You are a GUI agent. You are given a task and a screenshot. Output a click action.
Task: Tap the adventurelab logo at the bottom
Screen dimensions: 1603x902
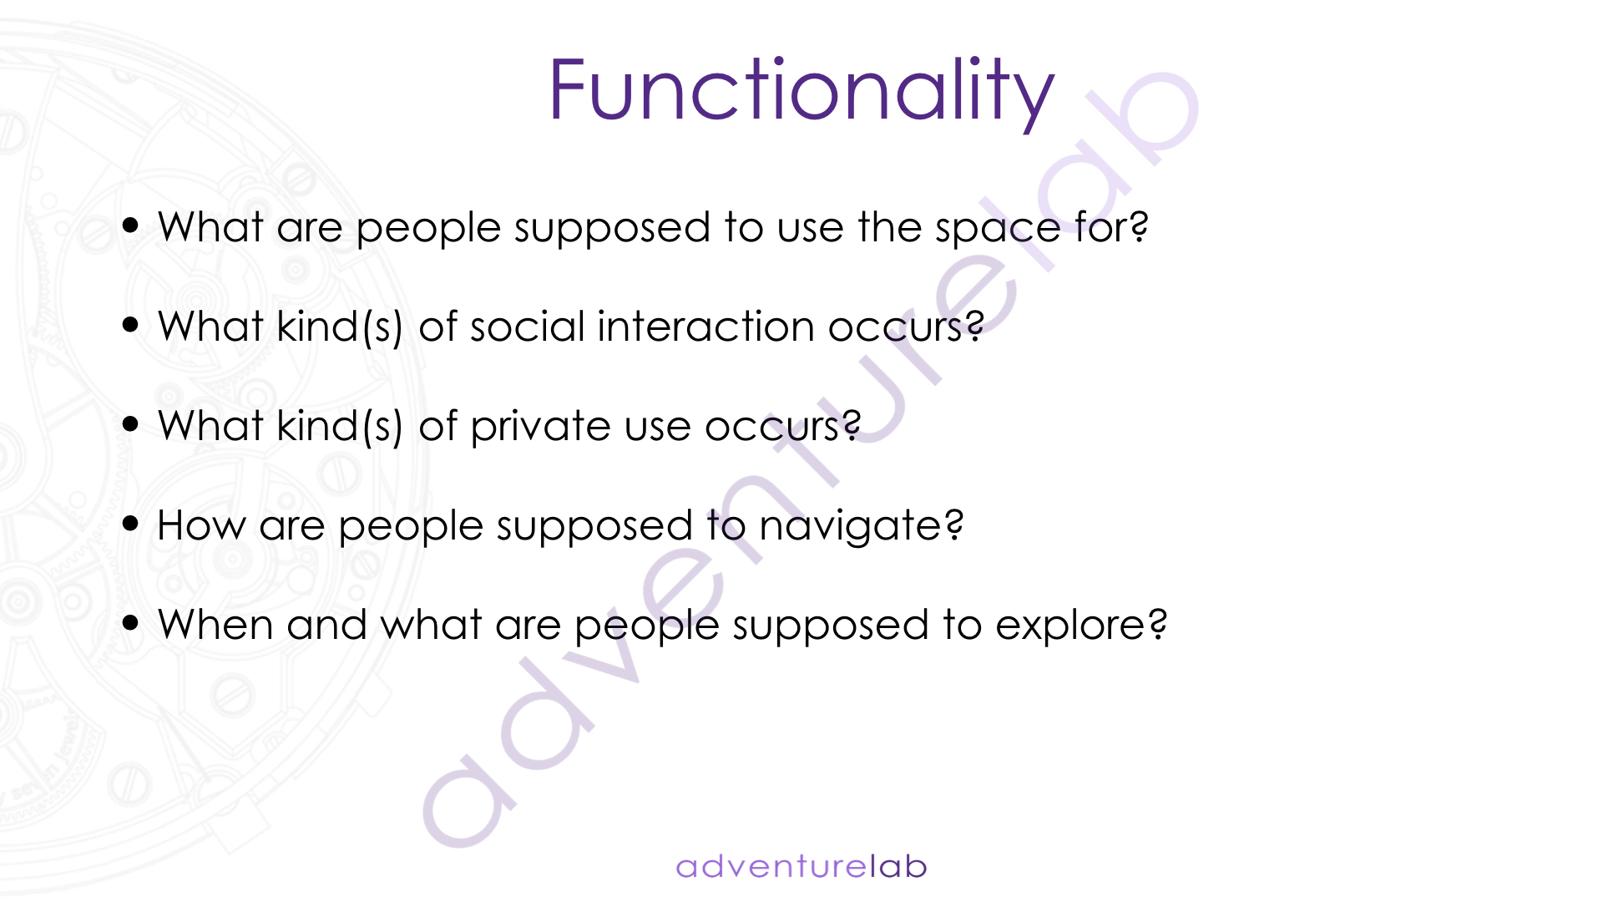point(801,866)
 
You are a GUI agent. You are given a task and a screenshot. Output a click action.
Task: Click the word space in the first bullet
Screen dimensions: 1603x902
point(998,231)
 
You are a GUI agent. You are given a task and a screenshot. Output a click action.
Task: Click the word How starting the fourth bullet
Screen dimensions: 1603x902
point(201,526)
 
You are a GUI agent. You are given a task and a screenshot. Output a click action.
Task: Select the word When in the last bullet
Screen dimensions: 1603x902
point(215,625)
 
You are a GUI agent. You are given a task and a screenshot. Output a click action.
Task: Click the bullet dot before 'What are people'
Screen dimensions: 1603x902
point(130,225)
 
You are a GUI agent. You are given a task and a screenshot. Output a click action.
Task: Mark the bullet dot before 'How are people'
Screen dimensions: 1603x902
point(130,523)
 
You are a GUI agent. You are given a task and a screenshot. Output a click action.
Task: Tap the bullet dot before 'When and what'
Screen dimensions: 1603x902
point(130,622)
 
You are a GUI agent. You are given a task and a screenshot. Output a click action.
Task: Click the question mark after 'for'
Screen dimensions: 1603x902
point(1139,225)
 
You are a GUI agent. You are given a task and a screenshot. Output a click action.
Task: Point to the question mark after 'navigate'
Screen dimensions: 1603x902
point(954,524)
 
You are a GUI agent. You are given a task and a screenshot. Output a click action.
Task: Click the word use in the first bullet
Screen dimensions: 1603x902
point(811,229)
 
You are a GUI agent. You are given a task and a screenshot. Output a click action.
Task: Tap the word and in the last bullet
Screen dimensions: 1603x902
point(326,625)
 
